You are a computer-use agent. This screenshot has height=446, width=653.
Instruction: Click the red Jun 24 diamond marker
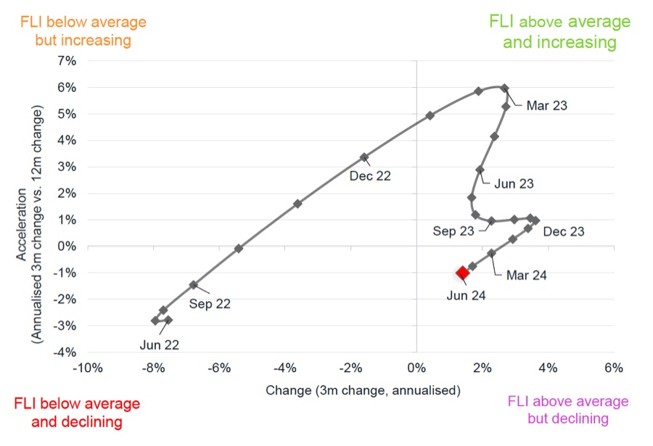pyautogui.click(x=462, y=273)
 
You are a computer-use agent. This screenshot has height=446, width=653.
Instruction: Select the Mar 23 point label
pyautogui.click(x=546, y=105)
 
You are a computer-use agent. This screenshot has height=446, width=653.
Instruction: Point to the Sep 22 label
pyautogui.click(x=210, y=304)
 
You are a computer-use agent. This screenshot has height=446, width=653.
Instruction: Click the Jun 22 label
pyautogui.click(x=159, y=345)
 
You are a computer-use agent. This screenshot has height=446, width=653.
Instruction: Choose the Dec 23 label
pyautogui.click(x=563, y=231)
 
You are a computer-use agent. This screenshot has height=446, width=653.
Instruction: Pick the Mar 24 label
pyautogui.click(x=526, y=275)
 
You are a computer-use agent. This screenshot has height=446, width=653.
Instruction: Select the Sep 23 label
pyautogui.click(x=453, y=231)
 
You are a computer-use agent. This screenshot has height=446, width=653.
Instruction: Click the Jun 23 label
pyautogui.click(x=514, y=183)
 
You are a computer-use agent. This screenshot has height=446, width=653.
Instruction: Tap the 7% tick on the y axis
pyautogui.click(x=66, y=61)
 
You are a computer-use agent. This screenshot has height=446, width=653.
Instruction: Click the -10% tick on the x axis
pyautogui.click(x=87, y=368)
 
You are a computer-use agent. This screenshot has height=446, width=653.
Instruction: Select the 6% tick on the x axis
pyautogui.click(x=613, y=368)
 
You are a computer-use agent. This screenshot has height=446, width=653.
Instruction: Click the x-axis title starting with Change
pyautogui.click(x=363, y=390)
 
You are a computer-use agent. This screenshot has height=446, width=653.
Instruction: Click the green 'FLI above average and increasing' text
pyautogui.click(x=559, y=31)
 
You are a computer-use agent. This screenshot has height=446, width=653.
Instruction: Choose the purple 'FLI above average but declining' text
pyautogui.click(x=567, y=410)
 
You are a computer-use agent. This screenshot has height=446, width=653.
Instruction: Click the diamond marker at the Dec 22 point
pyautogui.click(x=364, y=157)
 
